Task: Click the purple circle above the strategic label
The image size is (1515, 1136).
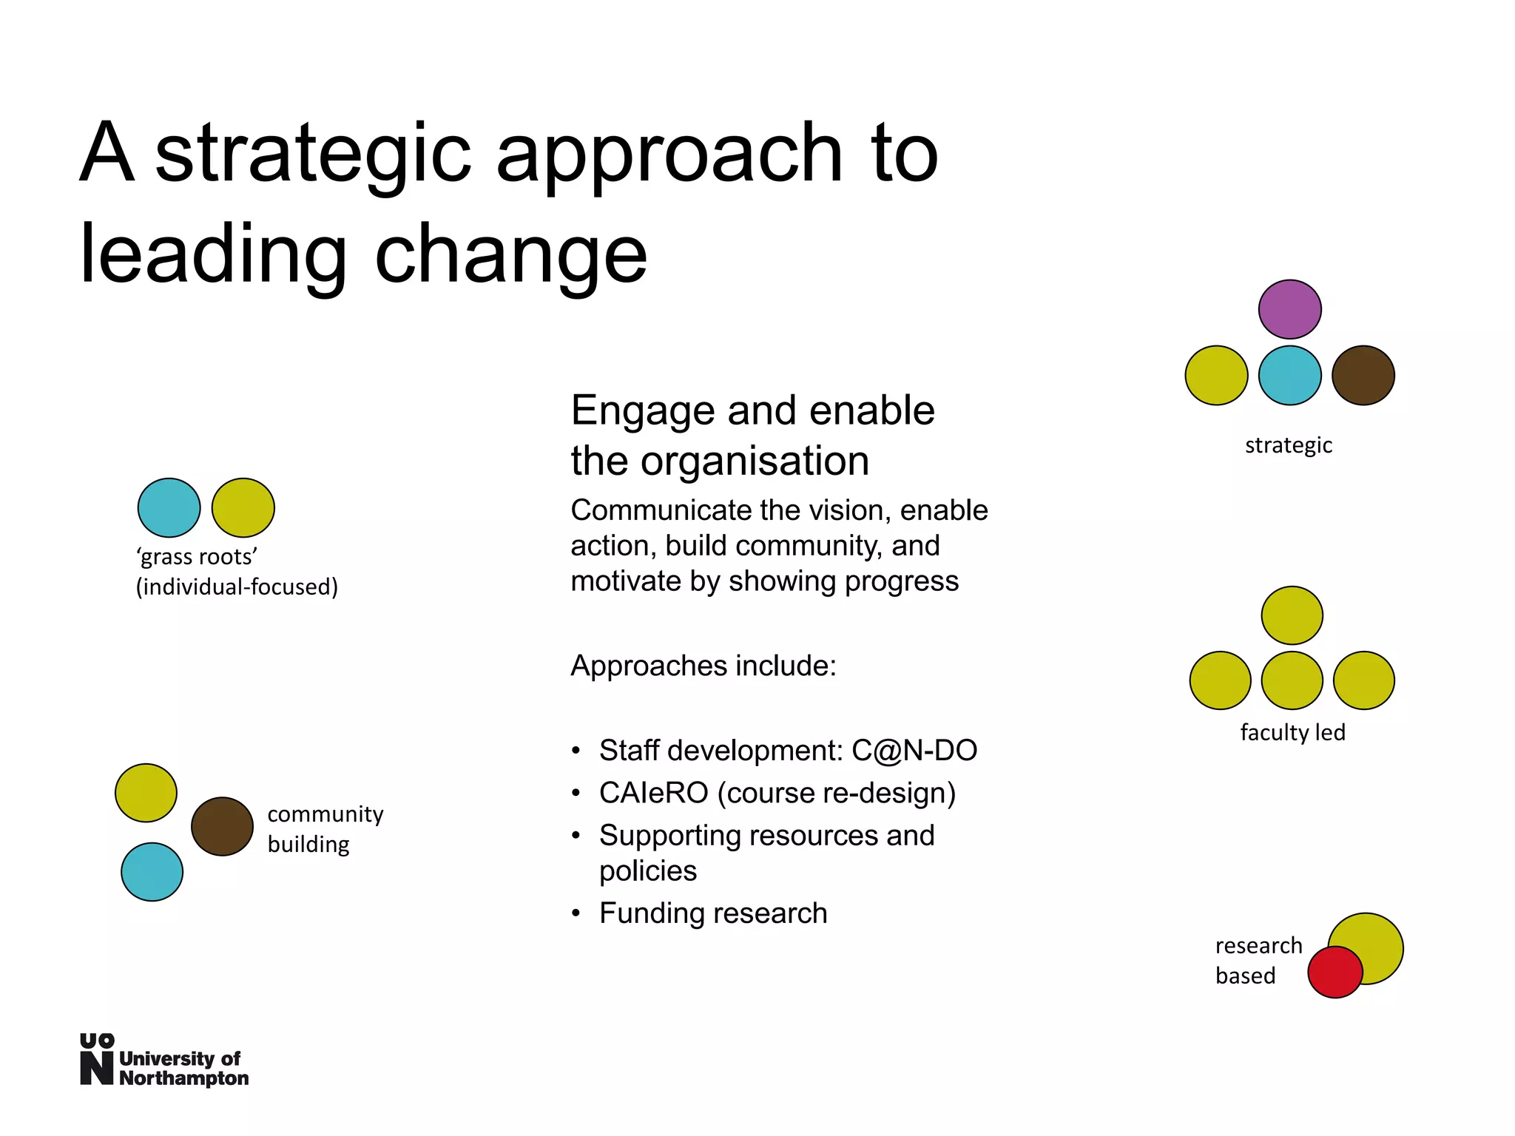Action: [1289, 309]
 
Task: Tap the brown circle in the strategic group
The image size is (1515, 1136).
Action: [1363, 375]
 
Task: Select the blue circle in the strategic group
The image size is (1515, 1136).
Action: [1289, 375]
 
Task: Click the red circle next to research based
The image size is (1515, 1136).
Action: [1335, 972]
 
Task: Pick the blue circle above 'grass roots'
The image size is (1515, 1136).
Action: [169, 507]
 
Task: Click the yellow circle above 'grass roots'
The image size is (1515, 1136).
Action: [243, 507]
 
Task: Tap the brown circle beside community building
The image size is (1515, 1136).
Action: [222, 826]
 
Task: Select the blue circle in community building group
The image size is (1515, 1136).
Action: [152, 871]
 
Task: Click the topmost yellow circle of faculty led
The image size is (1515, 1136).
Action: [1292, 615]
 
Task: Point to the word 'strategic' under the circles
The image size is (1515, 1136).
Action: [1288, 445]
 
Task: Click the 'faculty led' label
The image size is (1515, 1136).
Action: [1292, 732]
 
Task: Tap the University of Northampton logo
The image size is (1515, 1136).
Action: [163, 1061]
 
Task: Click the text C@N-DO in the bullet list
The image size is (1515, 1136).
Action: [914, 750]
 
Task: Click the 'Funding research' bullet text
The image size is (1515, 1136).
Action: [712, 913]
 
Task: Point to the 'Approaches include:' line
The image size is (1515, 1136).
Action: [703, 666]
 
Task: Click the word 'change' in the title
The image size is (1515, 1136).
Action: [511, 255]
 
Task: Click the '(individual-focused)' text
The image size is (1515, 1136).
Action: [237, 586]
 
